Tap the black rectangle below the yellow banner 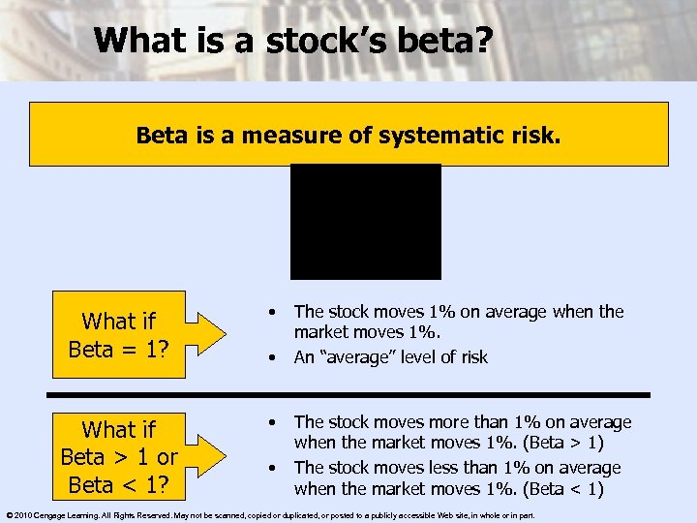click(366, 221)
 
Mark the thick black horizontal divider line click(348, 394)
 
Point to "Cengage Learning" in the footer click(70, 514)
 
